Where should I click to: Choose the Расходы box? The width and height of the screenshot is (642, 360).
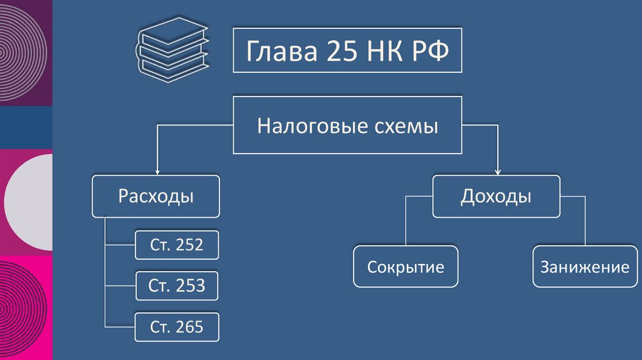tap(156, 196)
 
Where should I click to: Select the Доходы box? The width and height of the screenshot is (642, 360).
tap(495, 196)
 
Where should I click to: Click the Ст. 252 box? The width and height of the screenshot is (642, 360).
tap(177, 245)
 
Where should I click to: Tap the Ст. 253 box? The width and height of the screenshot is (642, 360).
tap(177, 286)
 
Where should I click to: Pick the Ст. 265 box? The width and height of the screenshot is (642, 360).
tap(177, 327)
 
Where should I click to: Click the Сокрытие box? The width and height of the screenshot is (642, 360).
tap(406, 267)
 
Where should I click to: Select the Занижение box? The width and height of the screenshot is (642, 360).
tap(585, 267)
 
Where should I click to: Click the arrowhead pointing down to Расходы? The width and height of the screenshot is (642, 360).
tap(157, 171)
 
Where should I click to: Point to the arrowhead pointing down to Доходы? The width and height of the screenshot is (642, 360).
tap(498, 171)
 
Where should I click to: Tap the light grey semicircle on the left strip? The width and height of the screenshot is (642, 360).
tap(31, 203)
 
